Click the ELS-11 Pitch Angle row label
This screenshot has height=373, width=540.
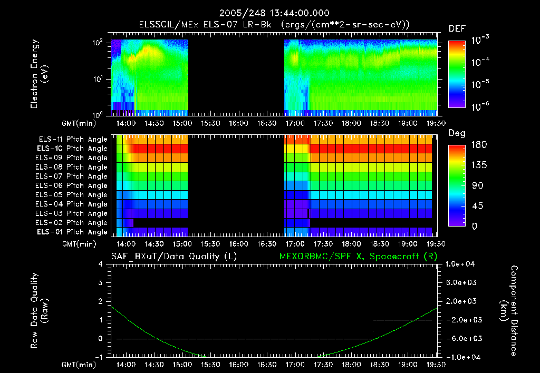(x=73, y=139)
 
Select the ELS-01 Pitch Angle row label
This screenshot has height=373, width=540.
(x=73, y=232)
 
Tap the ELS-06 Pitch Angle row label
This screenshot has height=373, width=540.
(x=73, y=185)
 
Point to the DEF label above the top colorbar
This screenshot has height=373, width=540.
(x=456, y=28)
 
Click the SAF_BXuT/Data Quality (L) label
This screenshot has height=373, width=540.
(x=173, y=256)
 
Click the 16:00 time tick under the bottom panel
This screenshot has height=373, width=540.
(x=238, y=365)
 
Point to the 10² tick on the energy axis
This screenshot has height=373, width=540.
(x=99, y=42)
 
